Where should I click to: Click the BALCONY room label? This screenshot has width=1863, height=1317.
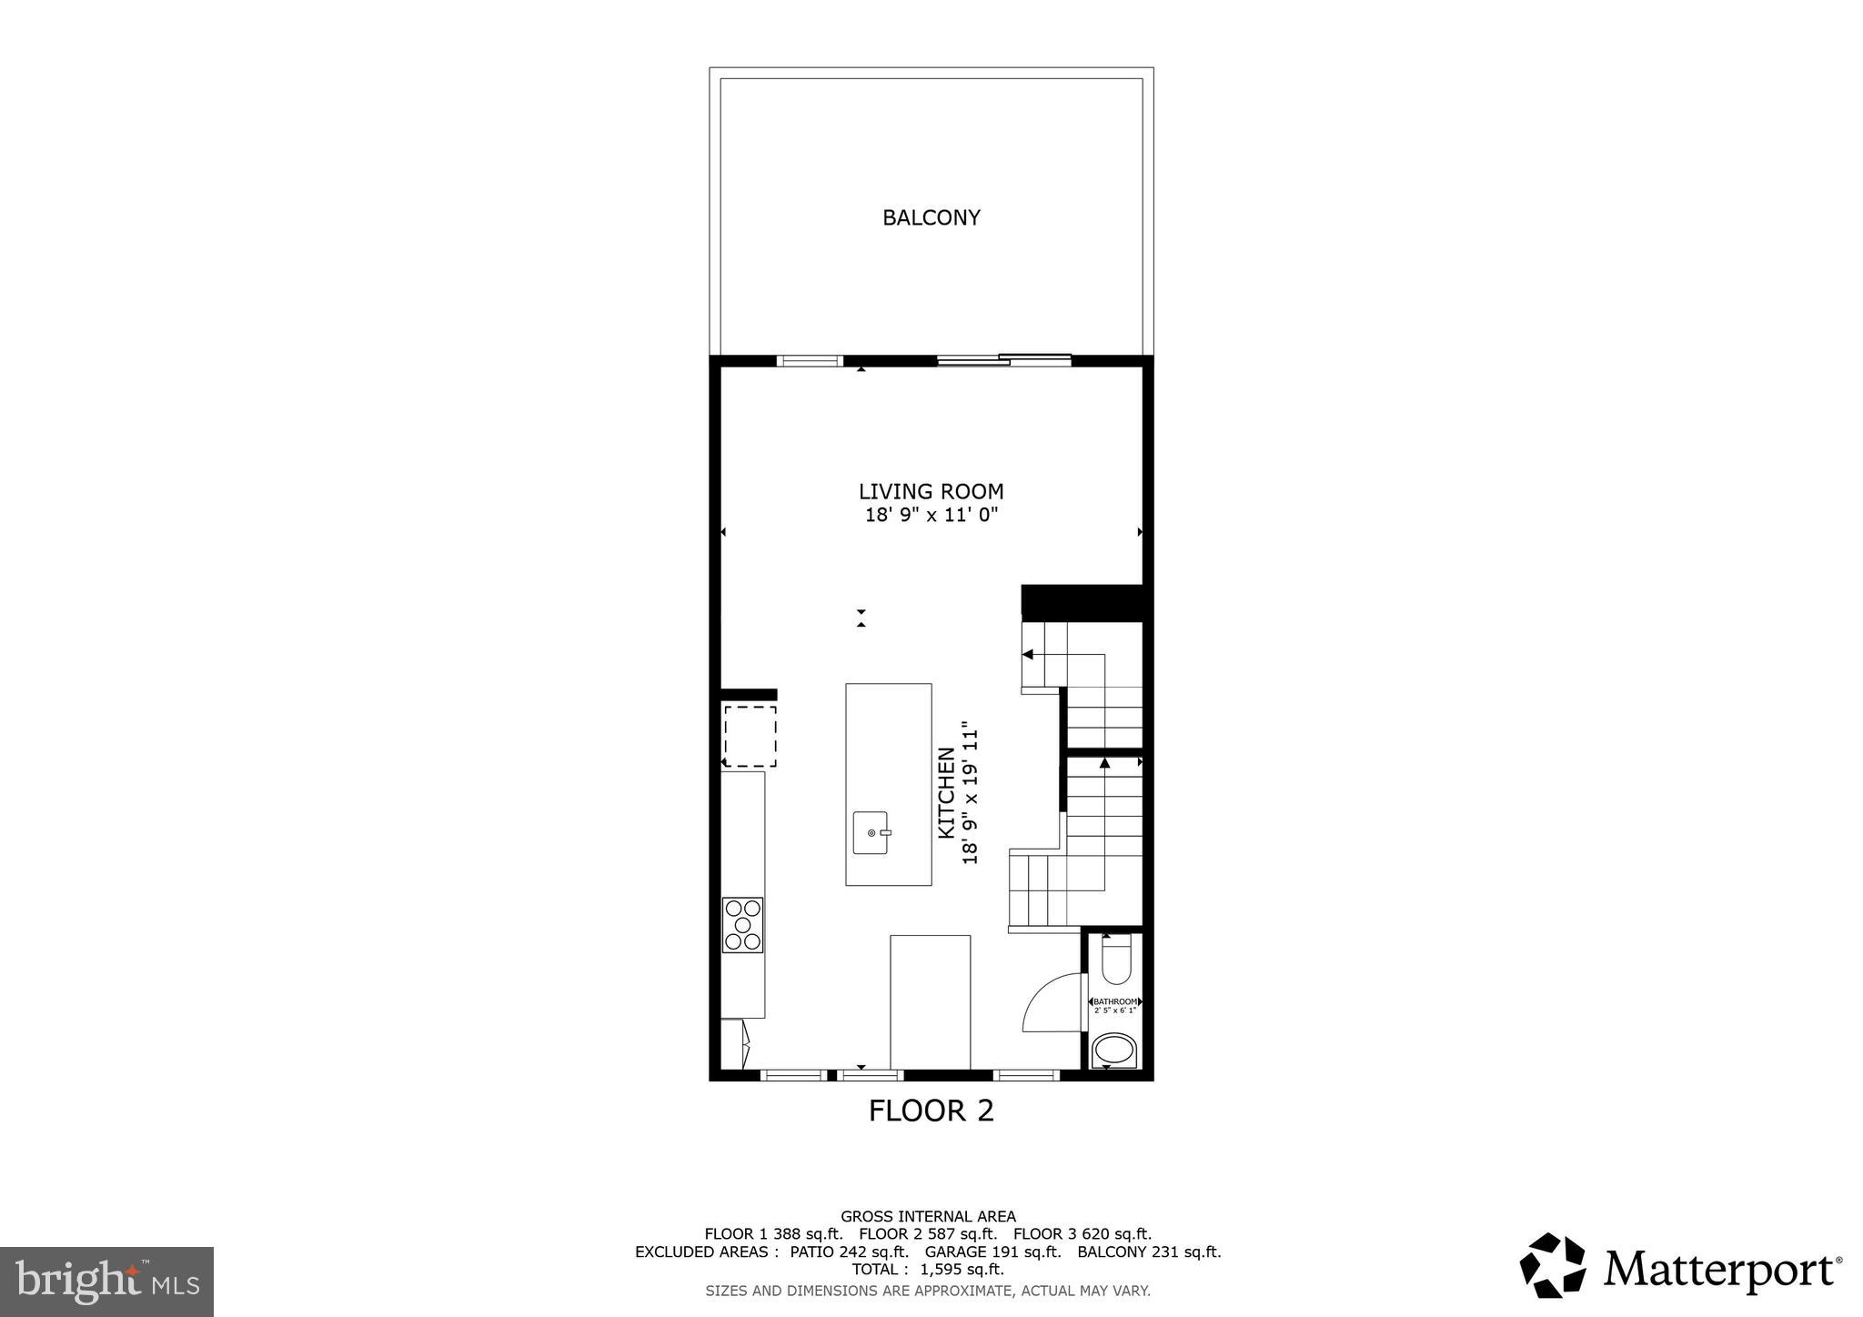coord(931,217)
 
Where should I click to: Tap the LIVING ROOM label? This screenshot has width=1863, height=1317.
coord(931,491)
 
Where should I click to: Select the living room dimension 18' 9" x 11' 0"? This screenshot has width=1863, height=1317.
coord(931,515)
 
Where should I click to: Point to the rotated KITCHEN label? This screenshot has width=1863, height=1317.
coord(947,792)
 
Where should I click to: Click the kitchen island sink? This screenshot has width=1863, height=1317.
coord(871,832)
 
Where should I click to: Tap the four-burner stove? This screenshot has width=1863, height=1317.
coord(742,925)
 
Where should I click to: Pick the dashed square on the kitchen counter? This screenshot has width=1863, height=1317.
coord(750,736)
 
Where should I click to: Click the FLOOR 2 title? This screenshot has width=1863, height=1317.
coord(931,1111)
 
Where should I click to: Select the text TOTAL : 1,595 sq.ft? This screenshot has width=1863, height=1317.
coord(928,1270)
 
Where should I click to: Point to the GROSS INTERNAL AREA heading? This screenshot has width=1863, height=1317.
coord(928,1216)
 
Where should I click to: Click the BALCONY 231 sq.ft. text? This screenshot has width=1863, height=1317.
coord(1149,1252)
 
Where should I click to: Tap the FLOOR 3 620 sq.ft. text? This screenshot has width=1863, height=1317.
coord(1083,1234)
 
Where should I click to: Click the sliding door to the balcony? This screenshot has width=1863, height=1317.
coord(1004,360)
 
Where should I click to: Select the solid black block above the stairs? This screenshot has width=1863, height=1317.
coord(1082,603)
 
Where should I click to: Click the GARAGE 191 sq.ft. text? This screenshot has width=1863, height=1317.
coord(993,1252)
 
